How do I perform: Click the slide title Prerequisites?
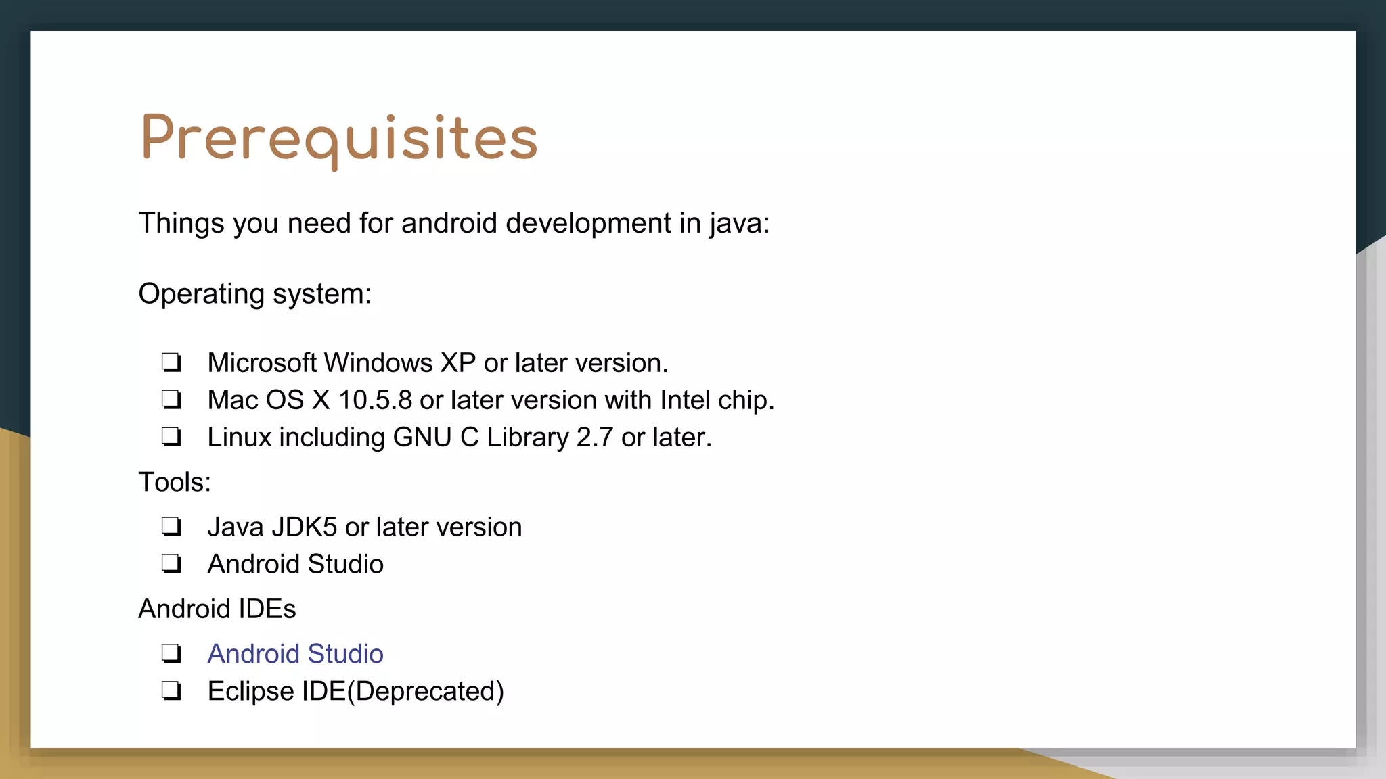(x=338, y=139)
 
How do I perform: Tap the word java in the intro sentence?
(x=738, y=224)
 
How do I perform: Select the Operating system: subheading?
(x=254, y=294)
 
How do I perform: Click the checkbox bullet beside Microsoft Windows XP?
(x=171, y=362)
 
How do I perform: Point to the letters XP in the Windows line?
(x=458, y=363)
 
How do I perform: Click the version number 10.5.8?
(x=375, y=400)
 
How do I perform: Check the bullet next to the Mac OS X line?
(x=171, y=400)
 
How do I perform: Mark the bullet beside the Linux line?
(x=171, y=437)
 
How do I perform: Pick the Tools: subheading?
(x=175, y=483)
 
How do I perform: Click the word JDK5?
(x=304, y=527)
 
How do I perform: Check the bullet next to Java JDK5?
(x=171, y=527)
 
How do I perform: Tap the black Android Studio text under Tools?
(x=295, y=565)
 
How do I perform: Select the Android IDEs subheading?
(x=217, y=609)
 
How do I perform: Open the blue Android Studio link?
(x=295, y=654)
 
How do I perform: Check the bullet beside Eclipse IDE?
(x=171, y=691)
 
